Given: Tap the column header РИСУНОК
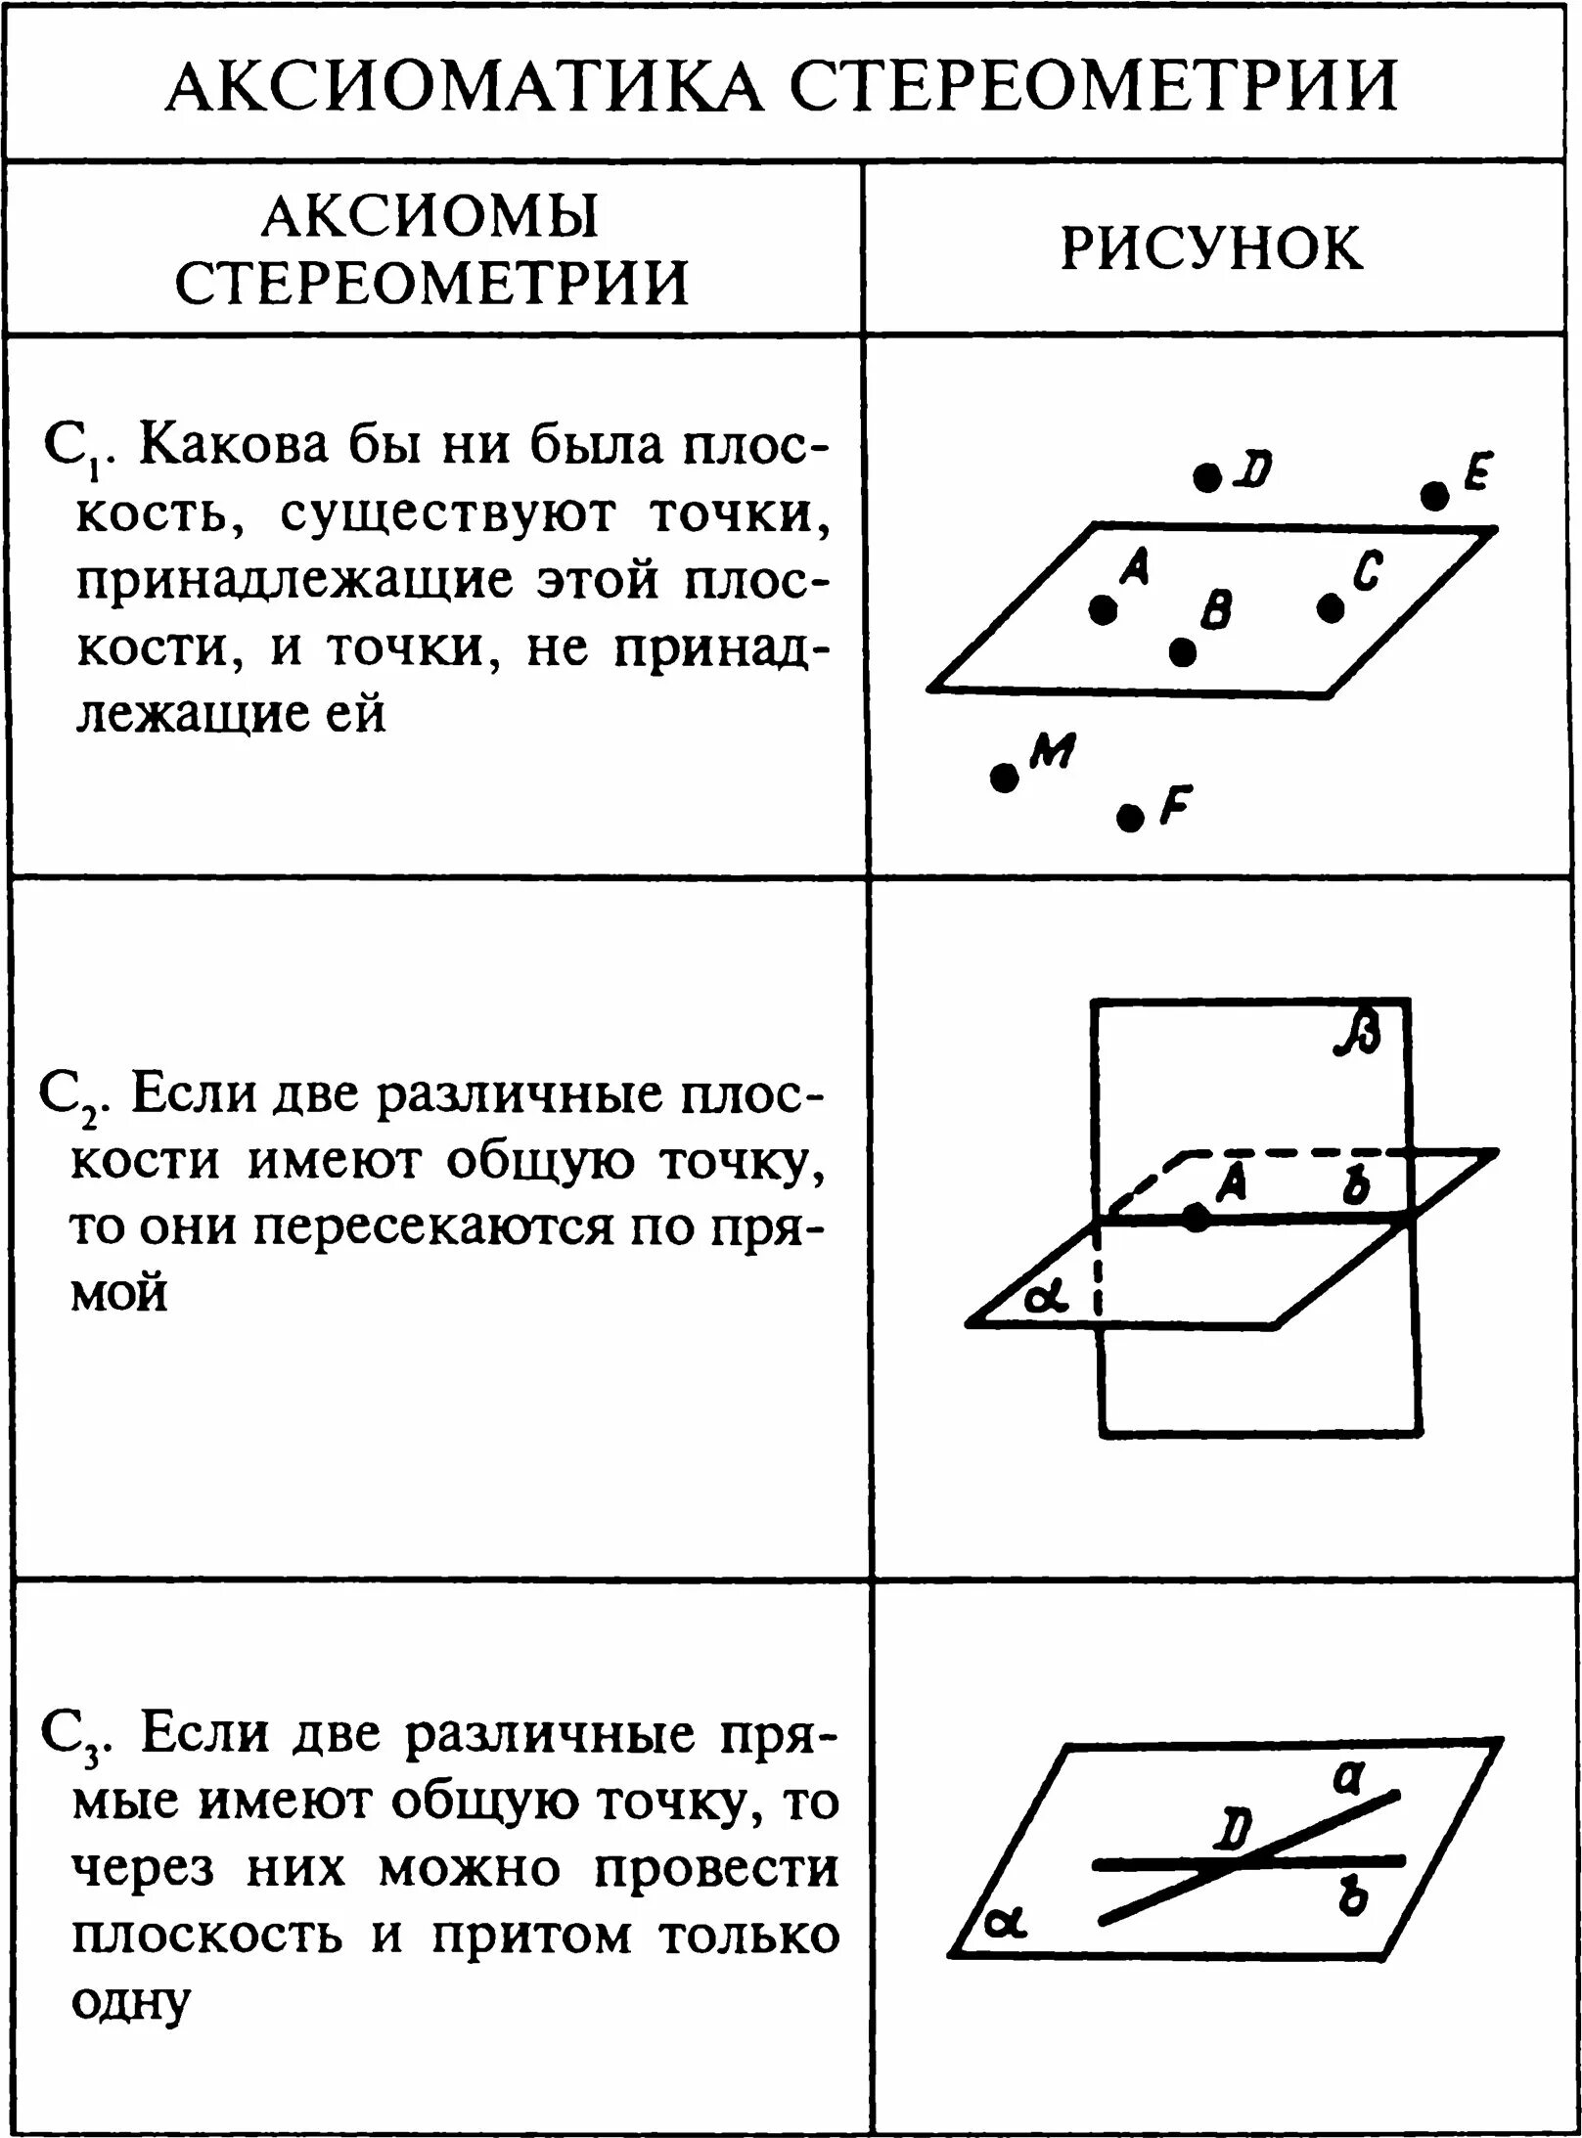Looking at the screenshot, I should tap(1212, 248).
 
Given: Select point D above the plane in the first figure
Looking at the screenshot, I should tap(1208, 478).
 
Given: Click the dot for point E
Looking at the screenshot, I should tap(1435, 496).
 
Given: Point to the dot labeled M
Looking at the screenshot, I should tap(1004, 779).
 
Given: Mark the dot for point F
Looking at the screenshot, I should tap(1130, 817).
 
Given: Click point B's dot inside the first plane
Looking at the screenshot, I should tap(1183, 651).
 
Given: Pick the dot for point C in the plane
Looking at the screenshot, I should tap(1331, 608).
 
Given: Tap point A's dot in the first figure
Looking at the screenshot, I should tap(1104, 610).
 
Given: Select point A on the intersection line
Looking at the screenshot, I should tap(1197, 1218).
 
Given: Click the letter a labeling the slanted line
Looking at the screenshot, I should tap(1349, 1775).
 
